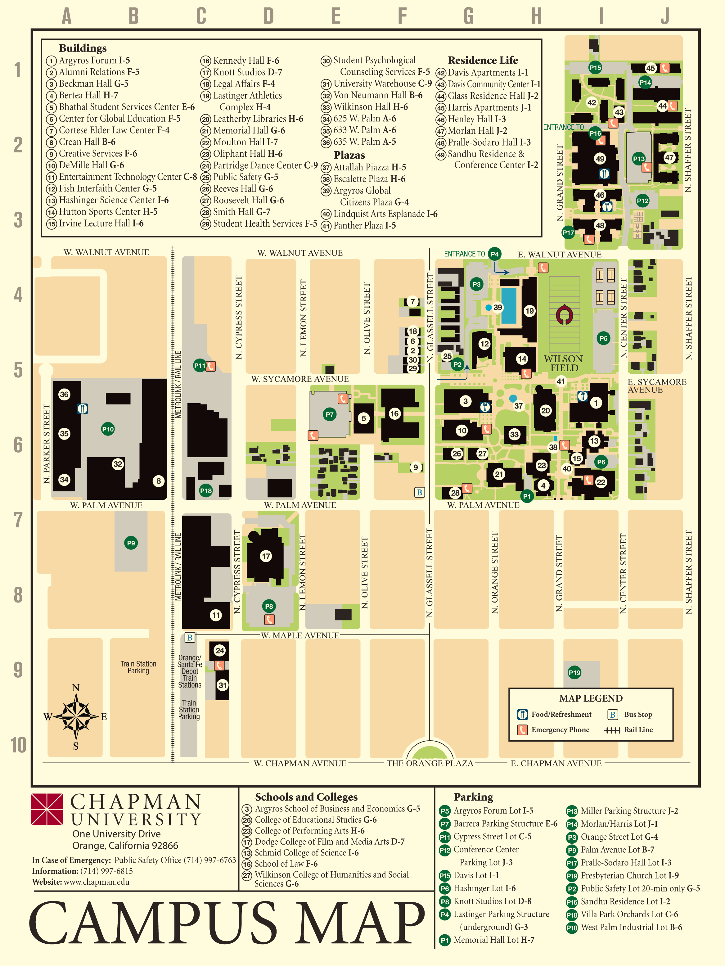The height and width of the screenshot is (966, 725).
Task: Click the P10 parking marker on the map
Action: click(x=108, y=429)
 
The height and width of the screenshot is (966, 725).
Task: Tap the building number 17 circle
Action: click(x=266, y=556)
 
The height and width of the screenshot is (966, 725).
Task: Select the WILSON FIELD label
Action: click(x=563, y=363)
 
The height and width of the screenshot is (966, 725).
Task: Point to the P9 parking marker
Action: click(x=131, y=543)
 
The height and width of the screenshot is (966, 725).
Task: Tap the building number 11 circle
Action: click(x=216, y=615)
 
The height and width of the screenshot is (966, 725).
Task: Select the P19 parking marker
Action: click(x=574, y=673)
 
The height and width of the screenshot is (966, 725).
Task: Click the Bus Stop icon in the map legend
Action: click(x=613, y=715)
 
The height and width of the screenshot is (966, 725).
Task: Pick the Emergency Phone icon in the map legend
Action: click(x=522, y=730)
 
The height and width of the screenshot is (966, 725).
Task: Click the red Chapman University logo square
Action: click(x=47, y=809)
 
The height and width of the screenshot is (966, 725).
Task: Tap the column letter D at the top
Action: click(x=268, y=16)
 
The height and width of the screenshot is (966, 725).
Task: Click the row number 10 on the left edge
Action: click(x=18, y=745)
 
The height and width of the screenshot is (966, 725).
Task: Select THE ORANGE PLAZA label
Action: click(x=430, y=763)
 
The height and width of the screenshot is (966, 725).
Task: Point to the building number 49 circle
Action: click(x=600, y=159)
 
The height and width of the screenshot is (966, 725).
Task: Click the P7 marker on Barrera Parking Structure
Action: click(x=330, y=414)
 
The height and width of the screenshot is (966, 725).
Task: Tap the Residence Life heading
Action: click(x=483, y=60)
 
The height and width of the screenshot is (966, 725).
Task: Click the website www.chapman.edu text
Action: click(x=97, y=882)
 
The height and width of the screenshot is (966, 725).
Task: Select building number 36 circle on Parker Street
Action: click(x=64, y=394)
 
